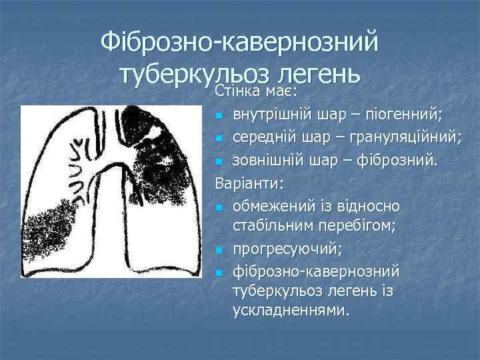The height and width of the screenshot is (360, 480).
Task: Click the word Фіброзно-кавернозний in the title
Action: tap(239, 42)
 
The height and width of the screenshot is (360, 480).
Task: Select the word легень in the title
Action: tap(319, 74)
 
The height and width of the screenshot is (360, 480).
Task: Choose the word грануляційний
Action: tap(413, 137)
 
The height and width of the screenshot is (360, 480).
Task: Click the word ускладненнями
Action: tap(290, 310)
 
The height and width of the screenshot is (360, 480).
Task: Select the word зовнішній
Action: tap(266, 161)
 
